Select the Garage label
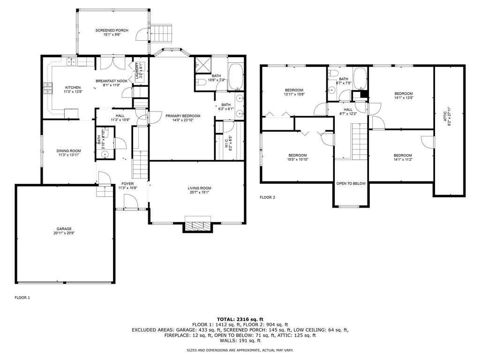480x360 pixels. pos(64,229)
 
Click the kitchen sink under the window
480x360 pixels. pos(71,61)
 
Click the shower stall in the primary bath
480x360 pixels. pos(202,66)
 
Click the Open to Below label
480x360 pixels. pos(351,183)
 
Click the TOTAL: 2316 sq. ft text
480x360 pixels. pos(240,319)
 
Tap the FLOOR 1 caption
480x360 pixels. pos(22,298)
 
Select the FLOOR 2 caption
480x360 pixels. pos(268,197)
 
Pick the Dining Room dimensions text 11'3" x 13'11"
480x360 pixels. pos(68,155)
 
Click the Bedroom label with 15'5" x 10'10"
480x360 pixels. pos(298,155)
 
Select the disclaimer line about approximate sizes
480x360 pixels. pos(240,350)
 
